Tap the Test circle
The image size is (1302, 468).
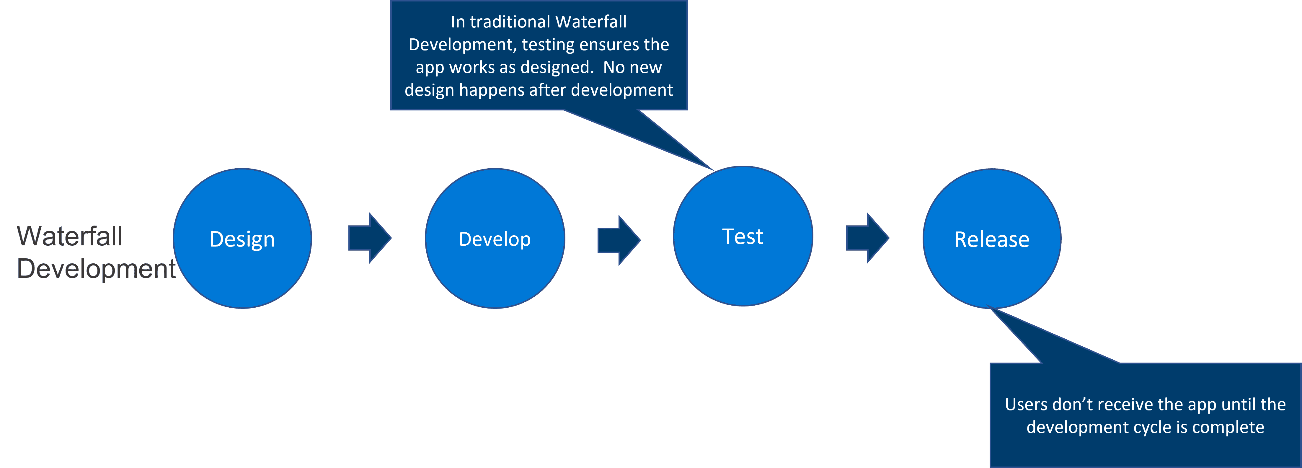tap(743, 236)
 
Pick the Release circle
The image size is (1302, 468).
tap(992, 239)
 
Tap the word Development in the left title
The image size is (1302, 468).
tap(96, 268)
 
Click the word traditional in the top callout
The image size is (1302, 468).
tap(510, 22)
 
